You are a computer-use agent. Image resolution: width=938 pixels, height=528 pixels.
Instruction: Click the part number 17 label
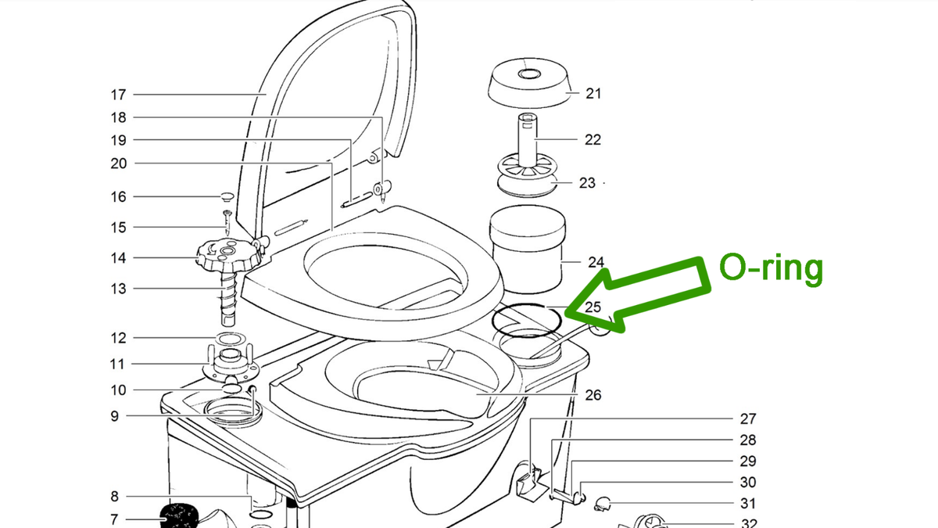(118, 95)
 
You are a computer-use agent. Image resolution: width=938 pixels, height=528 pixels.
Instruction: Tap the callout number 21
(593, 94)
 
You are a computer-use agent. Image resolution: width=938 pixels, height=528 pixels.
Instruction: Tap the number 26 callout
(593, 395)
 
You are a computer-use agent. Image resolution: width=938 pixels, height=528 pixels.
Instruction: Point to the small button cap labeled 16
(227, 196)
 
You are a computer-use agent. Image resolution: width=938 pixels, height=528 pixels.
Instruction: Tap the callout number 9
(115, 416)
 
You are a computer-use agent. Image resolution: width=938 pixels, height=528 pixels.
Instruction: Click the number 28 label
(748, 440)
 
